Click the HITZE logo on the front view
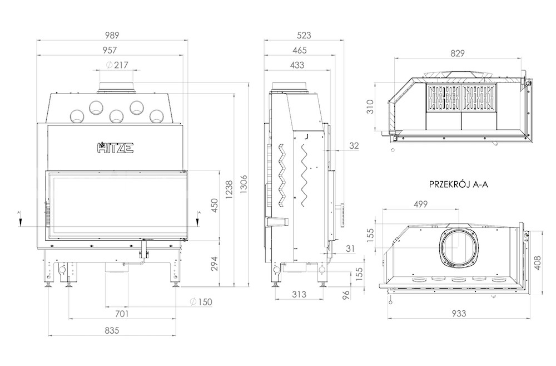click(115, 148)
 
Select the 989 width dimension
click(112, 35)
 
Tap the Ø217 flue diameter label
click(117, 65)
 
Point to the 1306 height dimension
click(244, 184)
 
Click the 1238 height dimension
click(229, 190)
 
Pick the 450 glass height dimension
click(215, 206)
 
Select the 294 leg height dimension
click(215, 263)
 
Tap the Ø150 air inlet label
click(201, 302)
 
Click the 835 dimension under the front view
click(112, 330)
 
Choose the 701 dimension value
click(122, 314)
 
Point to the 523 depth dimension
click(304, 35)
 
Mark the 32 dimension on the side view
click(354, 146)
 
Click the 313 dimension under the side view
click(299, 294)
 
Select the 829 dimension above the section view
click(458, 53)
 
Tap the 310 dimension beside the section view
click(370, 106)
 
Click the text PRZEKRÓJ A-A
click(459, 184)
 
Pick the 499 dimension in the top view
click(420, 204)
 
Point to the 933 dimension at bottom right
click(459, 314)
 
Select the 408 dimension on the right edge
click(538, 263)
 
